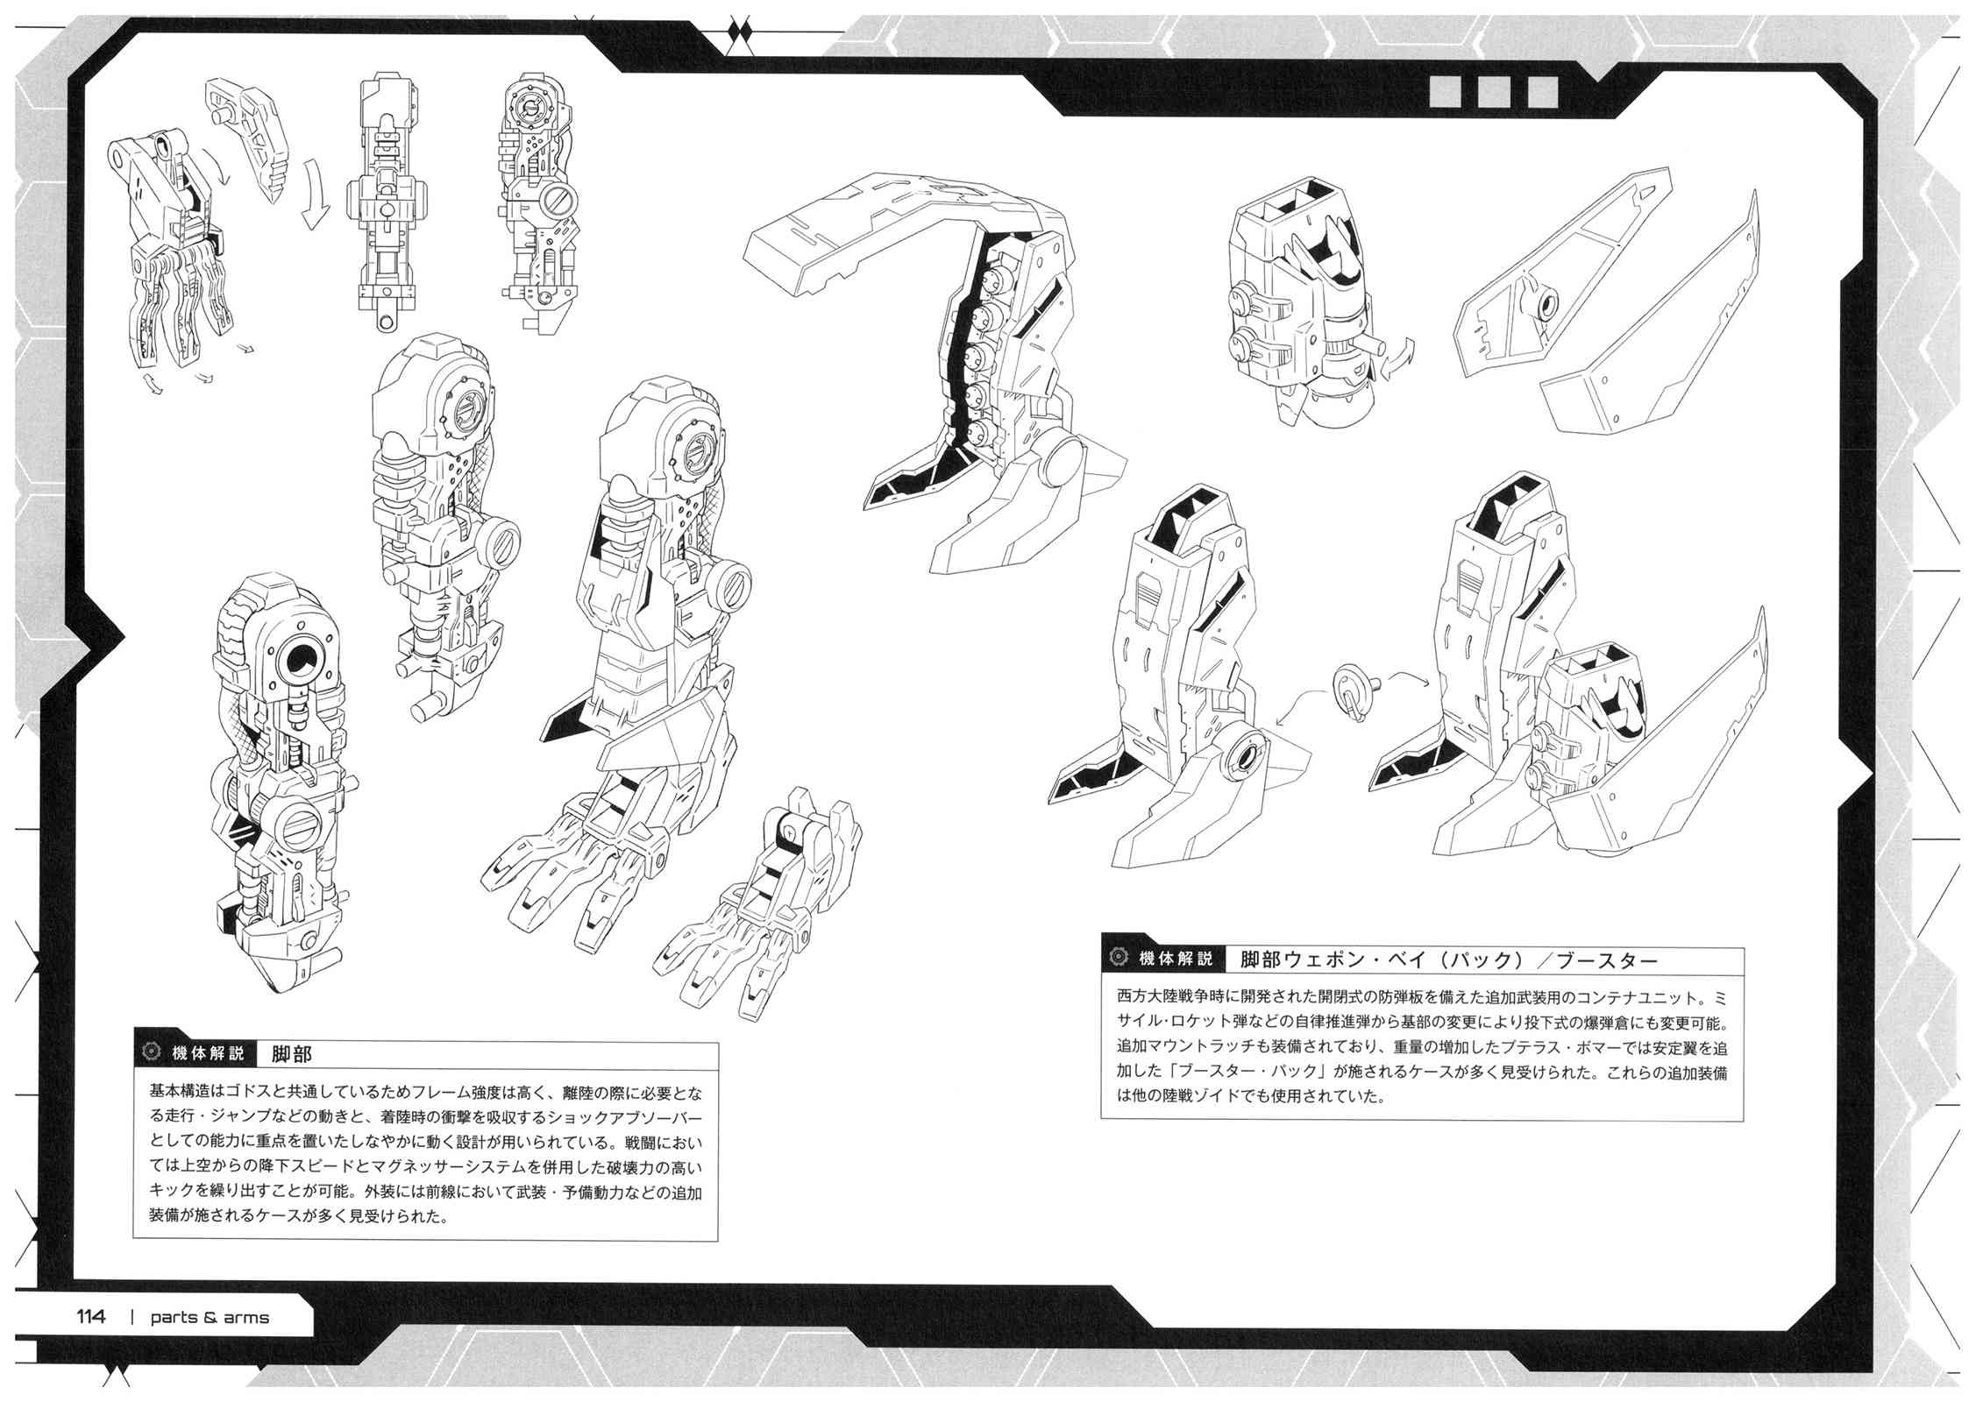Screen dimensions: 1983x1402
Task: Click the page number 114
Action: [x=91, y=1317]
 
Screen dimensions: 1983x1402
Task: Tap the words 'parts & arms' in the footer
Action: [x=209, y=1318]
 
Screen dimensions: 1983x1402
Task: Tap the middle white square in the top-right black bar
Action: [x=1492, y=91]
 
